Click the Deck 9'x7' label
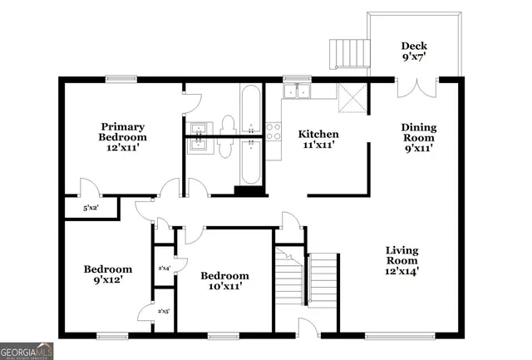pyautogui.click(x=413, y=52)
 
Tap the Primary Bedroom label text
pyautogui.click(x=122, y=136)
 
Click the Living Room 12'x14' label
pyautogui.click(x=401, y=259)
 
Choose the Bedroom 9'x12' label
pyautogui.click(x=107, y=274)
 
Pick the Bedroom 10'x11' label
pyautogui.click(x=224, y=281)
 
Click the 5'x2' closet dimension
pyautogui.click(x=91, y=208)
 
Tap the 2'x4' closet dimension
pyautogui.click(x=164, y=268)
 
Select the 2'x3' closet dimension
pyautogui.click(x=164, y=311)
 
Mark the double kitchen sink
pyautogui.click(x=296, y=92)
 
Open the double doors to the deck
pyautogui.click(x=416, y=87)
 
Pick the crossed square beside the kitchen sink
pyautogui.click(x=352, y=100)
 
